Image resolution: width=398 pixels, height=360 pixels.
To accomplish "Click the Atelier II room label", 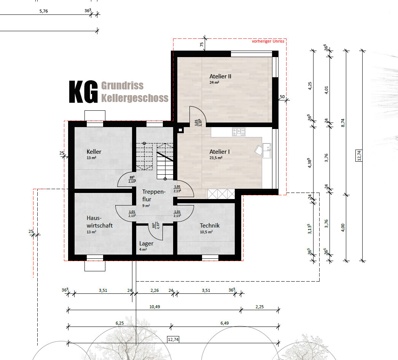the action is pyautogui.click(x=220, y=76).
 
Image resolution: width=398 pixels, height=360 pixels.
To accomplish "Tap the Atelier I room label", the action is pyautogui.click(x=219, y=151).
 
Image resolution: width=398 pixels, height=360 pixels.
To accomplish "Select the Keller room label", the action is pyautogui.click(x=94, y=151).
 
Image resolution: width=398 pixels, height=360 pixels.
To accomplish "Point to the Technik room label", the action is pyautogui.click(x=209, y=225).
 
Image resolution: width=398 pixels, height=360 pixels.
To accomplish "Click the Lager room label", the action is pyautogui.click(x=146, y=244).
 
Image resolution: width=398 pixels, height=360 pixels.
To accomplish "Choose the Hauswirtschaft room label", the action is pyautogui.click(x=100, y=221).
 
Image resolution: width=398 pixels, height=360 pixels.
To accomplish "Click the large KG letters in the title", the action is pyautogui.click(x=83, y=92).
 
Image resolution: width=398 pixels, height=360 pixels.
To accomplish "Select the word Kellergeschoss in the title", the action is pyautogui.click(x=135, y=98).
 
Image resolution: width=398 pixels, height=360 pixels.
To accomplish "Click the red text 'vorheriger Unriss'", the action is pyautogui.click(x=268, y=41).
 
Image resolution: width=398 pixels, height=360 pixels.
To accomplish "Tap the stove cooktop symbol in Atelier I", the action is pyautogui.click(x=239, y=132).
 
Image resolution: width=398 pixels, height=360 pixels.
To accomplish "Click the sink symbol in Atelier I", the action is pyautogui.click(x=267, y=151).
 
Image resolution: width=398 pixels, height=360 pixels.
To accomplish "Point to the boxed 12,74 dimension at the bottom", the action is pyautogui.click(x=173, y=339).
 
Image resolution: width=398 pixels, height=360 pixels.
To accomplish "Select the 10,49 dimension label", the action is pyautogui.click(x=154, y=307).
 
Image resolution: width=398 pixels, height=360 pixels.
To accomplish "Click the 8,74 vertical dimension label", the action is pyautogui.click(x=343, y=123).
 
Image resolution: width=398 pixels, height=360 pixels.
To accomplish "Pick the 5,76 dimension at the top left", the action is pyautogui.click(x=44, y=11).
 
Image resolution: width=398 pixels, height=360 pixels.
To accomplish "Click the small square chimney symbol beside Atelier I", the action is pyautogui.click(x=180, y=130).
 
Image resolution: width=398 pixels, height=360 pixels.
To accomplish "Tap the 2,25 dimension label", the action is pyautogui.click(x=259, y=307).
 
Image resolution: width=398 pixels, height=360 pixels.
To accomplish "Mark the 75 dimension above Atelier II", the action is pyautogui.click(x=202, y=44).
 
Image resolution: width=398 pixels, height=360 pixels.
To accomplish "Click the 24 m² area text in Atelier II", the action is pyautogui.click(x=214, y=82).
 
